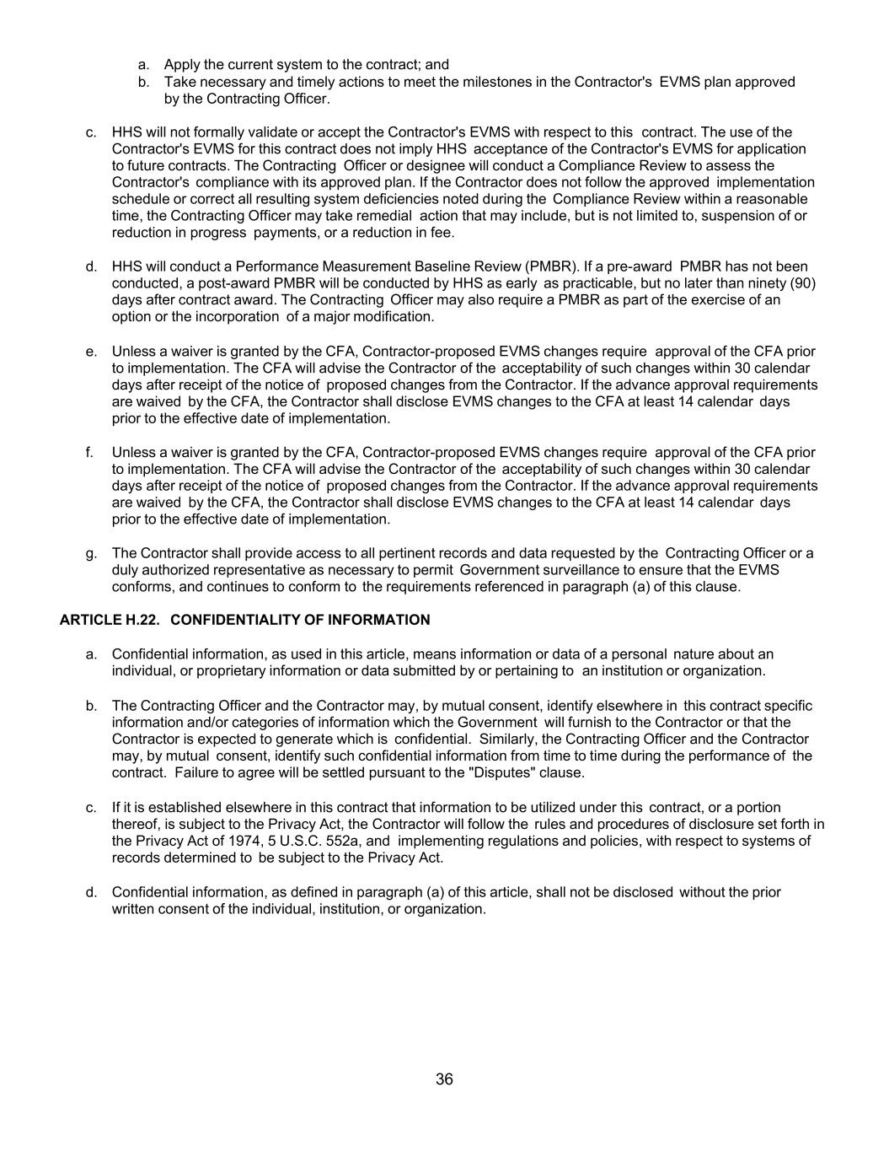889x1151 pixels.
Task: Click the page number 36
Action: pyautogui.click(x=444, y=1079)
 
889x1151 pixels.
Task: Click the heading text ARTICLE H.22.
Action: pyautogui.click(x=110, y=620)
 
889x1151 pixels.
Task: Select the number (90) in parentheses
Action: pyautogui.click(x=798, y=283)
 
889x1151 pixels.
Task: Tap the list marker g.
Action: pyautogui.click(x=90, y=553)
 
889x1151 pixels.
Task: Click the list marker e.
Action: pyautogui.click(x=90, y=351)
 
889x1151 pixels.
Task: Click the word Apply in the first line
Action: pyautogui.click(x=182, y=65)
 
